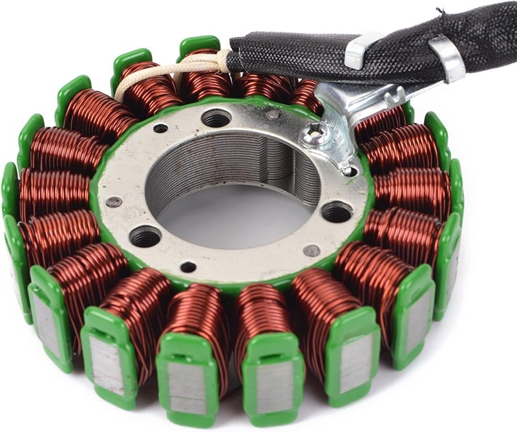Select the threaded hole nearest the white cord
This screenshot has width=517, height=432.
coord(216,118)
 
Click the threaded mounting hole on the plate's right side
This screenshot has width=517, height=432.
coord(337,211)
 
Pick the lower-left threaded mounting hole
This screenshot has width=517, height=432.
coord(145,236)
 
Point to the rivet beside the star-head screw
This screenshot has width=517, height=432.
coord(274,114)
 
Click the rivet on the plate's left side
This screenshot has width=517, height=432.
coord(114,202)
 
